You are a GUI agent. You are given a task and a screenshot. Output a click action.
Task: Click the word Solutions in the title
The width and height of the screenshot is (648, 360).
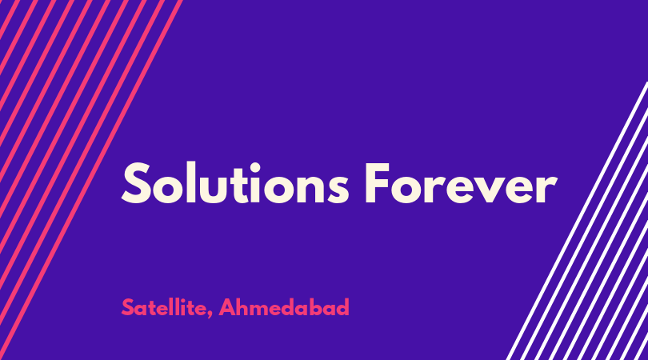(235, 183)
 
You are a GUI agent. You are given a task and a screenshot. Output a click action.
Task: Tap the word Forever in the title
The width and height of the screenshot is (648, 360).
(461, 183)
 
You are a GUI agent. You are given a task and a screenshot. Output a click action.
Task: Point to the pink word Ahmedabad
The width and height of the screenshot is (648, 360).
(284, 307)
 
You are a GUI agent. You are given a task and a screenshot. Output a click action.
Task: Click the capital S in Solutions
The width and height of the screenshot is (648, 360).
(135, 183)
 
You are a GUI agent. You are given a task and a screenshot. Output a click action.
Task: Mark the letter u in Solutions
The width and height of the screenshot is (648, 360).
(216, 190)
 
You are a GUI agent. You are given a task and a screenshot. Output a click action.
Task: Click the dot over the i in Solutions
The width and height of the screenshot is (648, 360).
(256, 167)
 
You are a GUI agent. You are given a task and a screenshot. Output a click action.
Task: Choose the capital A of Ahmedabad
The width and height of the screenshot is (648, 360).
(228, 307)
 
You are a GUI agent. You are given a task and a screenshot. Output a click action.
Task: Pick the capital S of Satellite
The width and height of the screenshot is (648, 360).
(128, 307)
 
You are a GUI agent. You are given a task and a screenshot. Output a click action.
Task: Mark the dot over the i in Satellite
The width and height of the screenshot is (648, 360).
(186, 300)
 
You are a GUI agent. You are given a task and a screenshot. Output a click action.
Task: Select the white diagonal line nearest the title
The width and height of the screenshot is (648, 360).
(578, 221)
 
